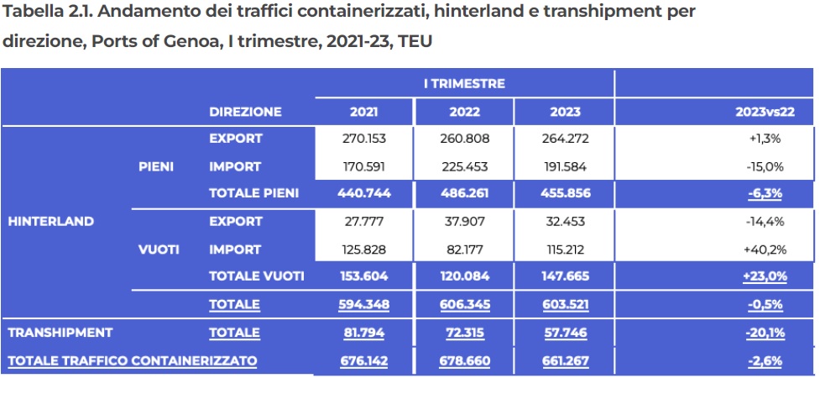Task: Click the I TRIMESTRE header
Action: click(464, 84)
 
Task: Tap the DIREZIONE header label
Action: click(245, 112)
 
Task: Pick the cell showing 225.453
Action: click(465, 166)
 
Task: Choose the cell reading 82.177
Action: click(465, 249)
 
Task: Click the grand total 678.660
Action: click(465, 360)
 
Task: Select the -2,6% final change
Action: click(765, 360)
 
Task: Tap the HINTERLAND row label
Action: click(50, 222)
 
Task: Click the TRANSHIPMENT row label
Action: click(60, 333)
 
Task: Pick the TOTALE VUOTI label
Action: click(256, 276)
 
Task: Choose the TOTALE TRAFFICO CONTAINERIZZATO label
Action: click(132, 360)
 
